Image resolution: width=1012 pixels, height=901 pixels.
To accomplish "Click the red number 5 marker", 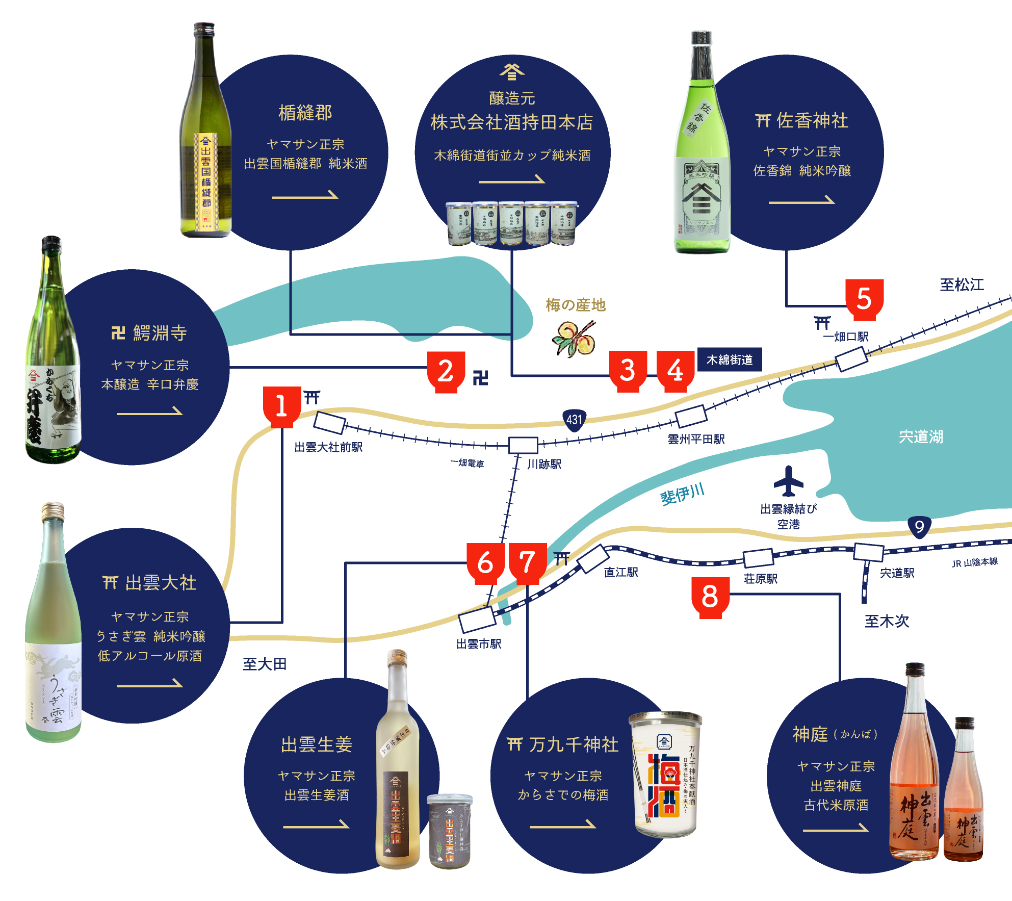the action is [x=864, y=299].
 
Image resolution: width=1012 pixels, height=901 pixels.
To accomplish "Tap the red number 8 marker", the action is [x=710, y=597].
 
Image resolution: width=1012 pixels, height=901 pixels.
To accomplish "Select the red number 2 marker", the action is [x=446, y=371].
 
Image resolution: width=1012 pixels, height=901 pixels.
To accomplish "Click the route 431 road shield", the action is [x=574, y=420].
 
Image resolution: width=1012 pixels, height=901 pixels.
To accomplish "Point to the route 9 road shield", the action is [x=919, y=527].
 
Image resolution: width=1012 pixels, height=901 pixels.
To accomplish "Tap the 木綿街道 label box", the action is [x=729, y=360].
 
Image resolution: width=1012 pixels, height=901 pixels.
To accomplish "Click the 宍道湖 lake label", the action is [x=921, y=437].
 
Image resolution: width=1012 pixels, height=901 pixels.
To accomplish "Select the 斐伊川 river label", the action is [x=682, y=494].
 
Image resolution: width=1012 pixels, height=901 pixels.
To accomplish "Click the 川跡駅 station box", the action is [x=523, y=445].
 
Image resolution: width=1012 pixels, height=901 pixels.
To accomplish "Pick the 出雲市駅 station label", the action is [x=479, y=644].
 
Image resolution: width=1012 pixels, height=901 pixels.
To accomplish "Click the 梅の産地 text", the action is [x=576, y=305].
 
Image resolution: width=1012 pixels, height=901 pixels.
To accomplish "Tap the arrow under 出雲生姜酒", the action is [x=316, y=825].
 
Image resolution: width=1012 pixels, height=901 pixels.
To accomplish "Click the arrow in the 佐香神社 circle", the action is [x=801, y=200].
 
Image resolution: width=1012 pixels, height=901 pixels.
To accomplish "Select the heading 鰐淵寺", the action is [x=160, y=333].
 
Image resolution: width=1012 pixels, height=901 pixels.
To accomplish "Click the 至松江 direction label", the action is [x=962, y=285].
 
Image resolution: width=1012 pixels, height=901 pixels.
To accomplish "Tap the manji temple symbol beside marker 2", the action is [x=480, y=378].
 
